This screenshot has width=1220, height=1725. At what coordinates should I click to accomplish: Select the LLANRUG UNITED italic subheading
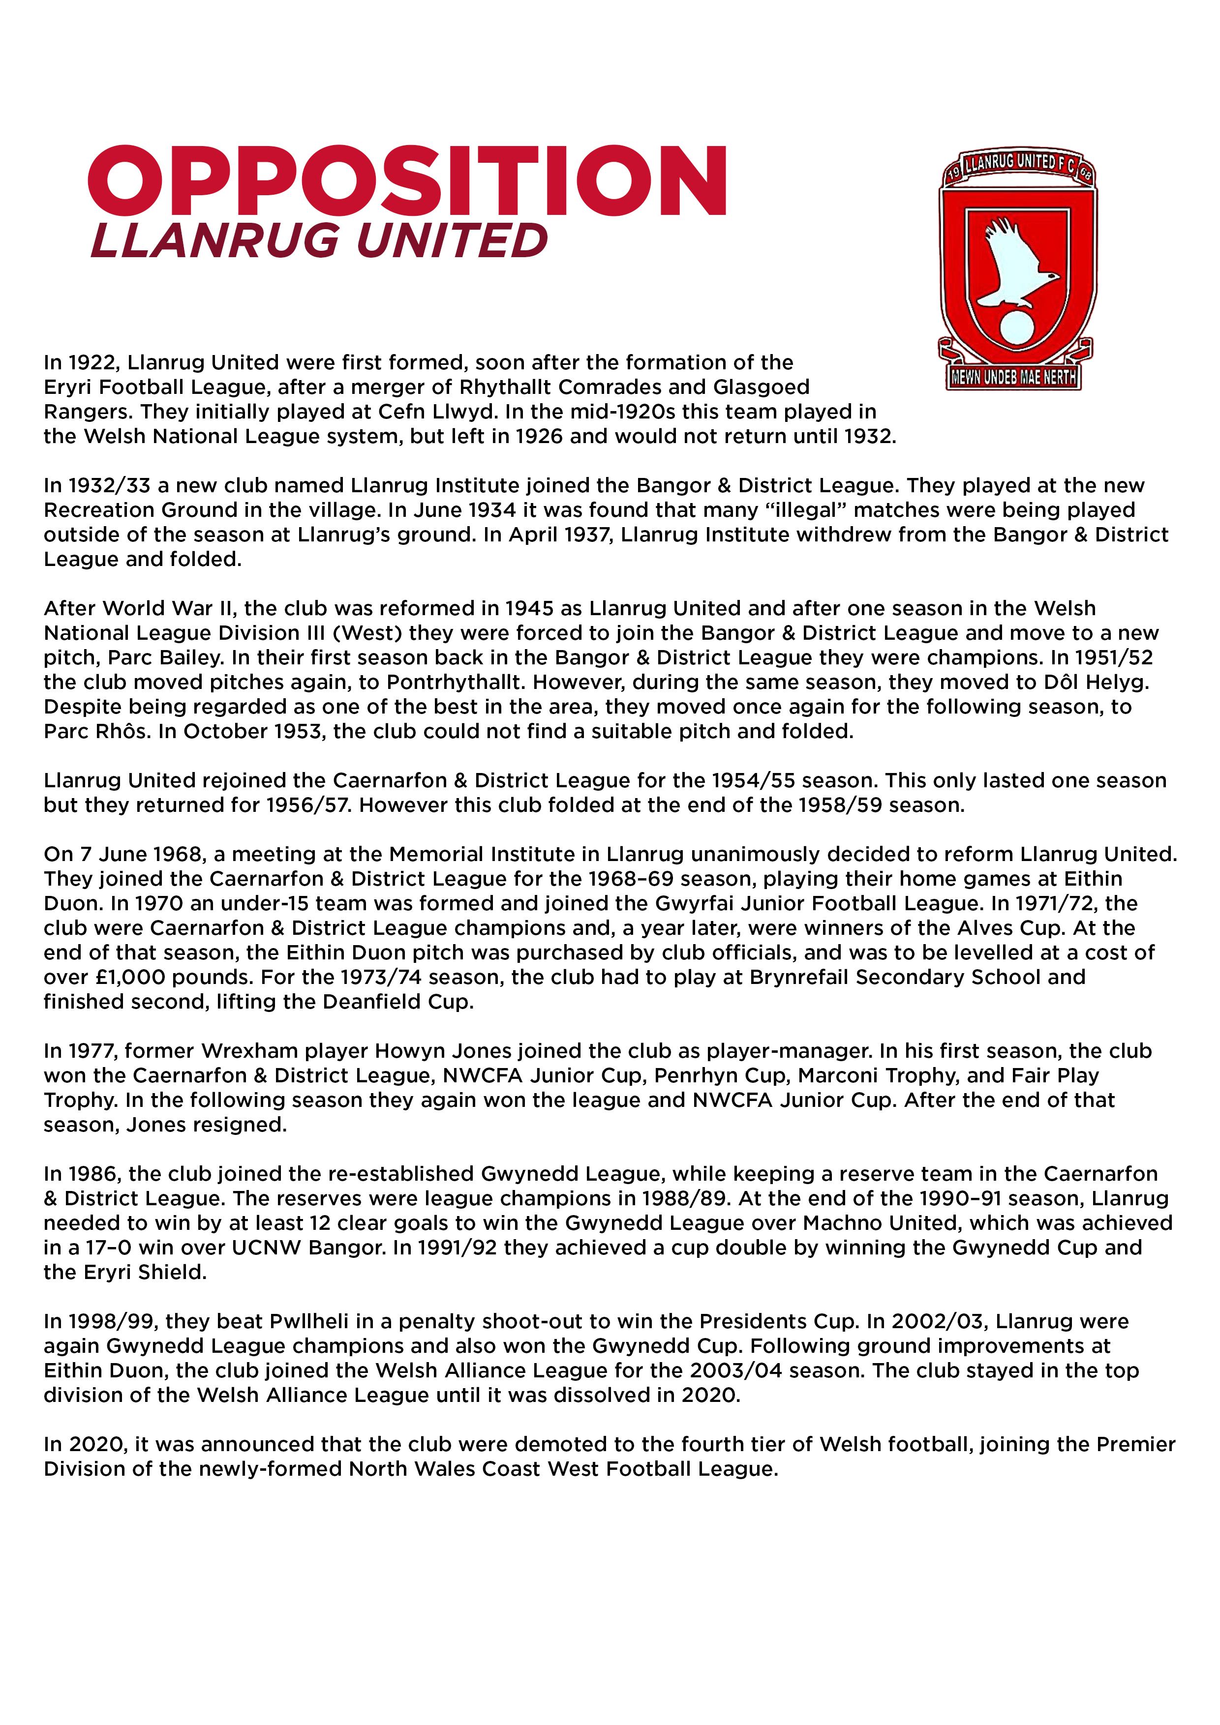[319, 241]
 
